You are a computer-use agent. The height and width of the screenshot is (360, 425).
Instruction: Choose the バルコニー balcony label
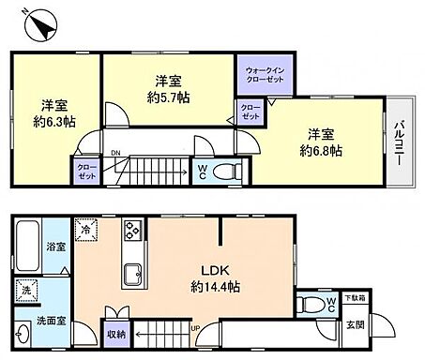tap(399, 142)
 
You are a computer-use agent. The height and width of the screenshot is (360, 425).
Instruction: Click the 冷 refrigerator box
tap(86, 228)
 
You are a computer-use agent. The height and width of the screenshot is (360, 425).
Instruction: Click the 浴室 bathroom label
tap(32, 247)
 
